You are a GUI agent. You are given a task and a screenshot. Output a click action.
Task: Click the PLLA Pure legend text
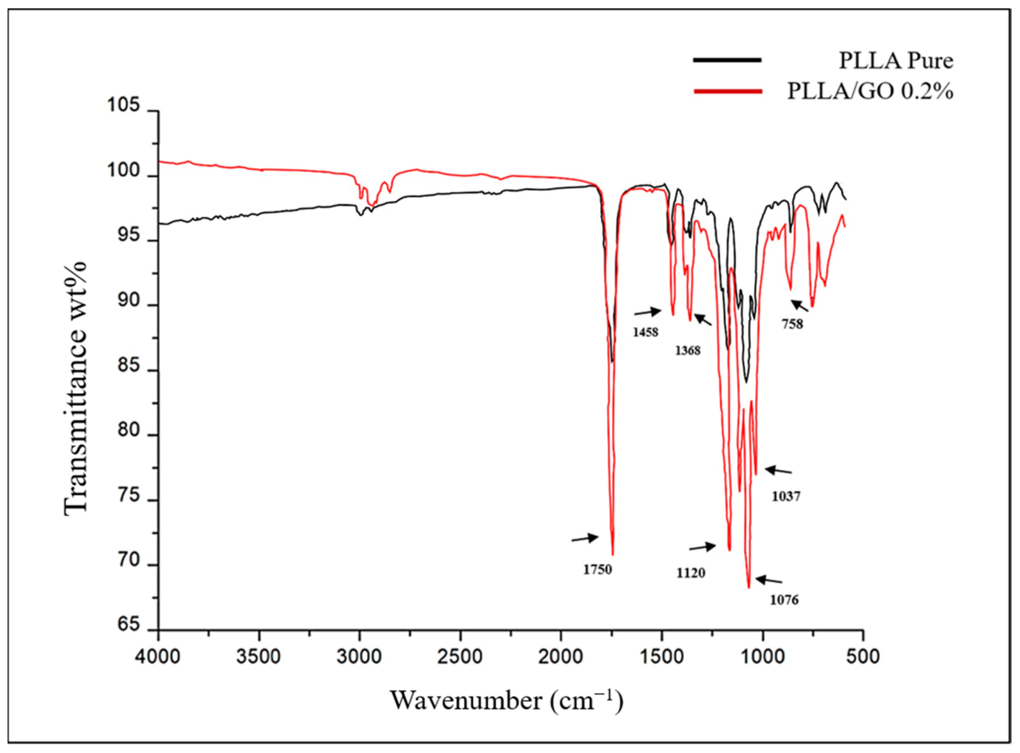pos(895,61)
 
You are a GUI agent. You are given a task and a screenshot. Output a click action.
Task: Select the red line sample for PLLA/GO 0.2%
pos(727,92)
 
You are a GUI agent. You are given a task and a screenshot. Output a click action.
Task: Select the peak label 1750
pos(597,569)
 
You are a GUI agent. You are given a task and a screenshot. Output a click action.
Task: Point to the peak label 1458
pos(645,332)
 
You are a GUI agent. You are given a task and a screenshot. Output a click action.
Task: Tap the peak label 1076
pos(784,600)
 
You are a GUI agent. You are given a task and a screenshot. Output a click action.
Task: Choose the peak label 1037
pos(786,496)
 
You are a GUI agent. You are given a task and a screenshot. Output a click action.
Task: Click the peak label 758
pos(793,325)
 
